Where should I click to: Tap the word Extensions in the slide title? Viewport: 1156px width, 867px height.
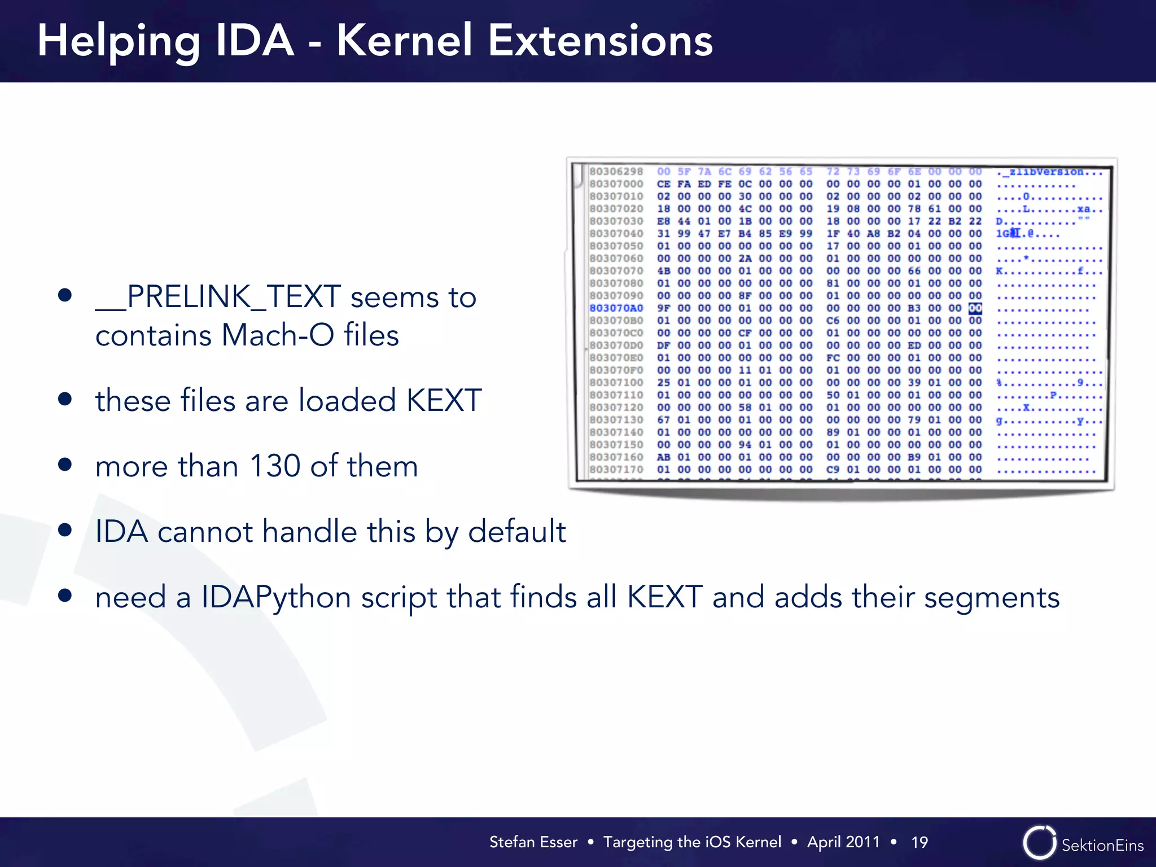(600, 41)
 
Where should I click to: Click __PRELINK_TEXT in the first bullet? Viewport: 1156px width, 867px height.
(218, 297)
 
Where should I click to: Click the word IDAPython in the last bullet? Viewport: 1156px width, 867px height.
(276, 597)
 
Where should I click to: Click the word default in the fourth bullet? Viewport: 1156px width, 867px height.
(516, 532)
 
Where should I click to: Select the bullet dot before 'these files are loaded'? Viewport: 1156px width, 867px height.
(65, 400)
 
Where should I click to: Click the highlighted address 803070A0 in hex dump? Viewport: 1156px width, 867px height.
(616, 308)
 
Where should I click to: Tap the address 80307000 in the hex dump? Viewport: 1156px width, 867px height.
(616, 184)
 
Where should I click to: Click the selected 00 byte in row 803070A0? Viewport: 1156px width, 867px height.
(975, 308)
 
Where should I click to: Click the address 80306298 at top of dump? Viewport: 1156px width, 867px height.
(616, 172)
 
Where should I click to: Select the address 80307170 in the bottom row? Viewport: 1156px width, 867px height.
(616, 470)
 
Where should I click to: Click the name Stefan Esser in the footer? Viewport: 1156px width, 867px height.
(533, 842)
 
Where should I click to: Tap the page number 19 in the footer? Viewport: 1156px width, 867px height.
(919, 842)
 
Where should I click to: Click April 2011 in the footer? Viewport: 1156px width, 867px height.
(843, 842)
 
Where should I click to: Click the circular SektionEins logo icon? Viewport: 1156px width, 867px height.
(1039, 843)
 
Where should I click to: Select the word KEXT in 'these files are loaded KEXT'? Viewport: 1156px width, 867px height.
(444, 401)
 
